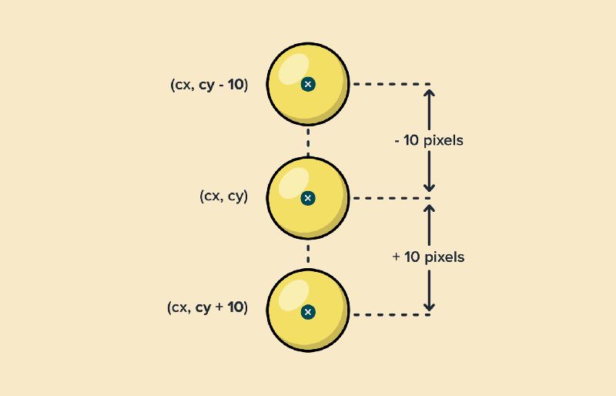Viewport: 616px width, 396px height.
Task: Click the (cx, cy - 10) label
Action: click(209, 85)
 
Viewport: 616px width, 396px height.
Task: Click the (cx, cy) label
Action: click(223, 196)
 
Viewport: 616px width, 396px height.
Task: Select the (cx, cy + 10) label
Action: click(207, 307)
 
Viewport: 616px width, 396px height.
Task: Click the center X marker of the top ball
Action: click(308, 84)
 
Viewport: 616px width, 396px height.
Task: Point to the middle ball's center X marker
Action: click(308, 198)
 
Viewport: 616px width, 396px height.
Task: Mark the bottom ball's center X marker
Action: click(308, 312)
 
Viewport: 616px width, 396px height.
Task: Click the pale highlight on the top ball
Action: click(293, 69)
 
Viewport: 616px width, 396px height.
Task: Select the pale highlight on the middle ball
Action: click(293, 183)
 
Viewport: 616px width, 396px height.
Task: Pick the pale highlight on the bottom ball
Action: click(293, 297)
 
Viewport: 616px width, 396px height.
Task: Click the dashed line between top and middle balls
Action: click(308, 141)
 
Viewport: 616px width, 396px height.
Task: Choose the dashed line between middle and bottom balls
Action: click(308, 254)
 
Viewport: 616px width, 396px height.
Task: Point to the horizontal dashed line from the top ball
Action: click(390, 84)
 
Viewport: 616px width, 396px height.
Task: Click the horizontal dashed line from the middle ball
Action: click(390, 198)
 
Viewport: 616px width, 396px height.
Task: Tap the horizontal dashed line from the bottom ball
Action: click(390, 314)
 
